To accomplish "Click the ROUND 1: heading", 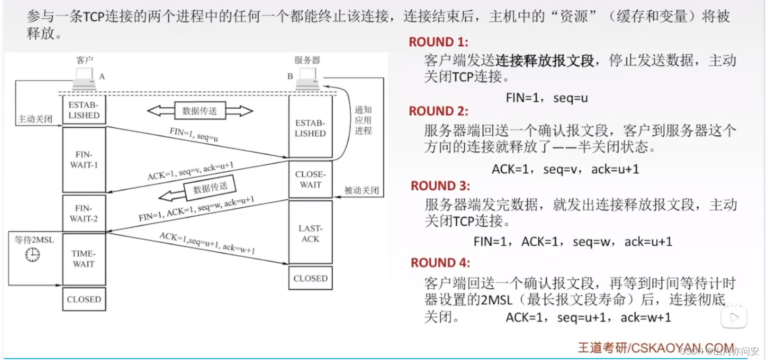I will click(438, 42).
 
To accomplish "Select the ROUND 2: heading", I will click(438, 111).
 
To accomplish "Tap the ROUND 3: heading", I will click(440, 186).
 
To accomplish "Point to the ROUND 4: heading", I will click(440, 263).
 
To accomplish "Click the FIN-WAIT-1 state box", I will click(84, 160).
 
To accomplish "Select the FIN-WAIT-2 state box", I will click(84, 213).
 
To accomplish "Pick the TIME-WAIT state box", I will click(84, 259).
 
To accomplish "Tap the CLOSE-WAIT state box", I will click(310, 180).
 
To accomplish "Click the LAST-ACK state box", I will click(310, 233).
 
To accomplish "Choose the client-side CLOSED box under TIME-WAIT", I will click(84, 299).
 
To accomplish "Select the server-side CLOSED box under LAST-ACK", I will click(310, 278).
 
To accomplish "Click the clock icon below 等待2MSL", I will click(32, 254).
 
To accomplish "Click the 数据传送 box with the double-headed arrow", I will click(199, 111).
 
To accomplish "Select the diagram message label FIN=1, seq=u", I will click(193, 134).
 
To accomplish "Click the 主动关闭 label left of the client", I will click(35, 119).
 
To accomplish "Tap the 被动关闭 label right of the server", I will click(361, 190).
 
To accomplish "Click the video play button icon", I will click(734, 317).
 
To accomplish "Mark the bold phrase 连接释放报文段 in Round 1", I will click(544, 60).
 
